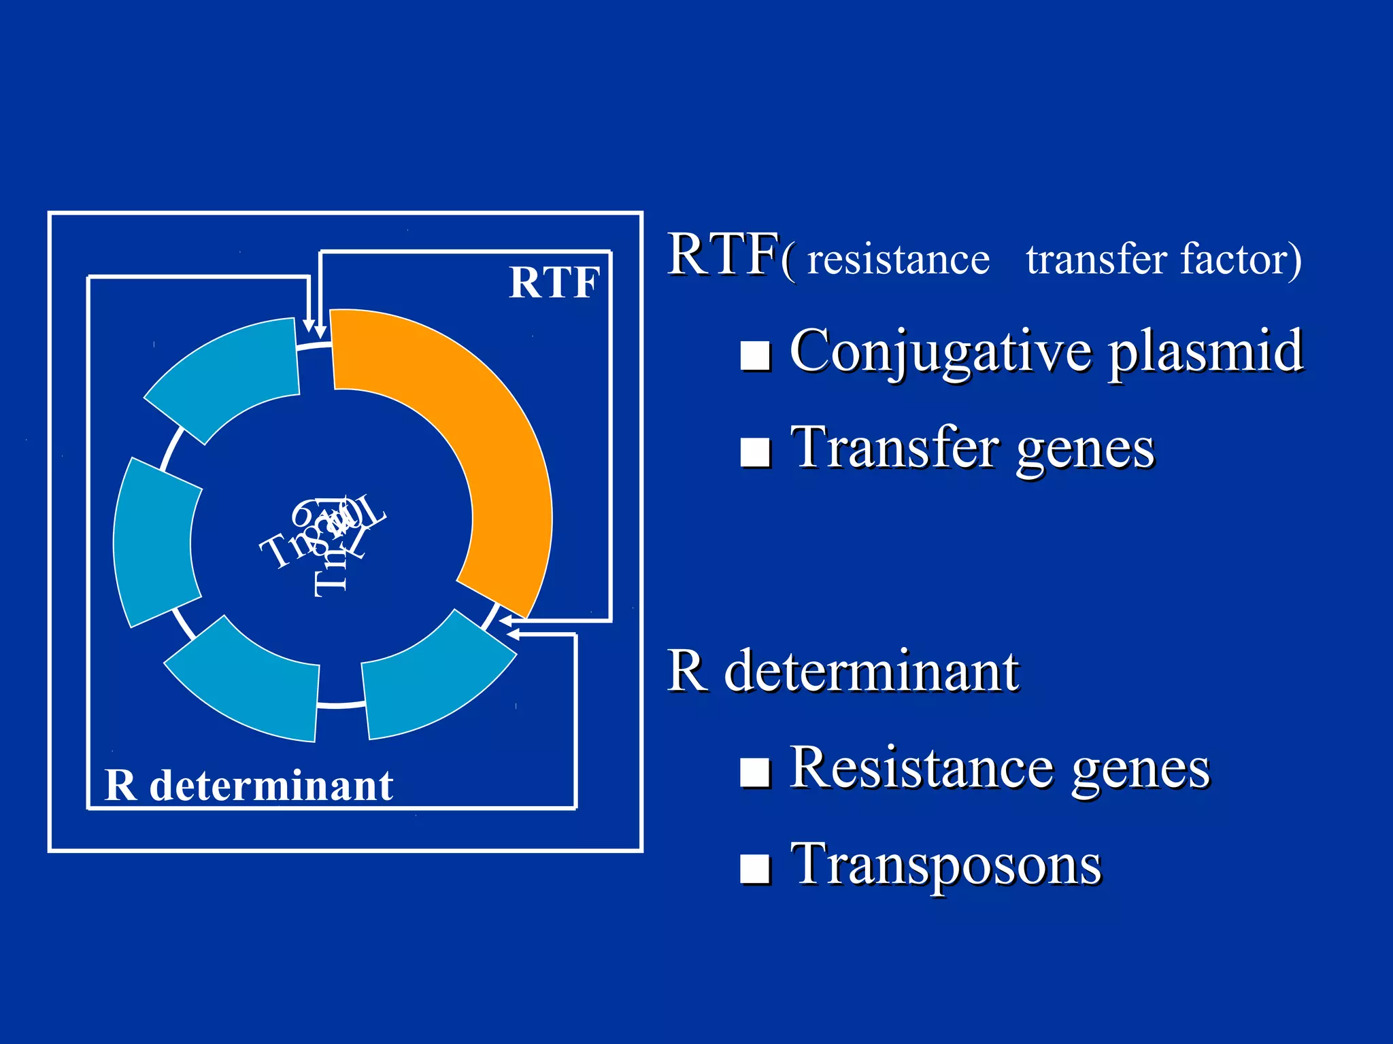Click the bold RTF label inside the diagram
554,283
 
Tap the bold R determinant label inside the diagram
249,786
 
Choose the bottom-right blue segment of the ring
435,680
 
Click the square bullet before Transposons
755,869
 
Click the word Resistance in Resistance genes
922,768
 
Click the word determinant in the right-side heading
871,672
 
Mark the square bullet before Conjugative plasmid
755,355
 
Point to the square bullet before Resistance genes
755,772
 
